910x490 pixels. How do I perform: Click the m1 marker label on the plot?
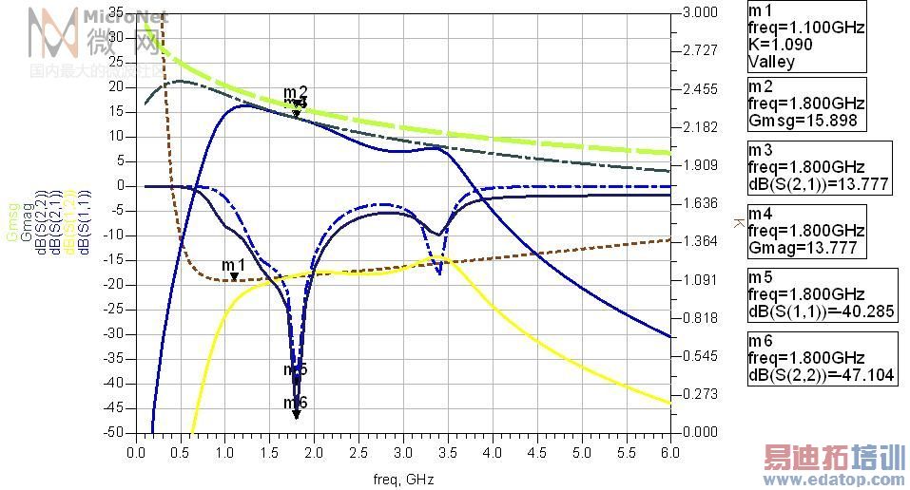pos(233,264)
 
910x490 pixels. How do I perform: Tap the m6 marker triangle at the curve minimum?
pos(296,414)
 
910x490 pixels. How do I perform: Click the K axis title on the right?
pos(738,222)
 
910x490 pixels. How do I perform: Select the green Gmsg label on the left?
pos(12,223)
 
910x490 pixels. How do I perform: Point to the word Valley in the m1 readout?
pos(771,62)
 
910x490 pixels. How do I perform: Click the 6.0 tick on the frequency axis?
pos(670,454)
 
